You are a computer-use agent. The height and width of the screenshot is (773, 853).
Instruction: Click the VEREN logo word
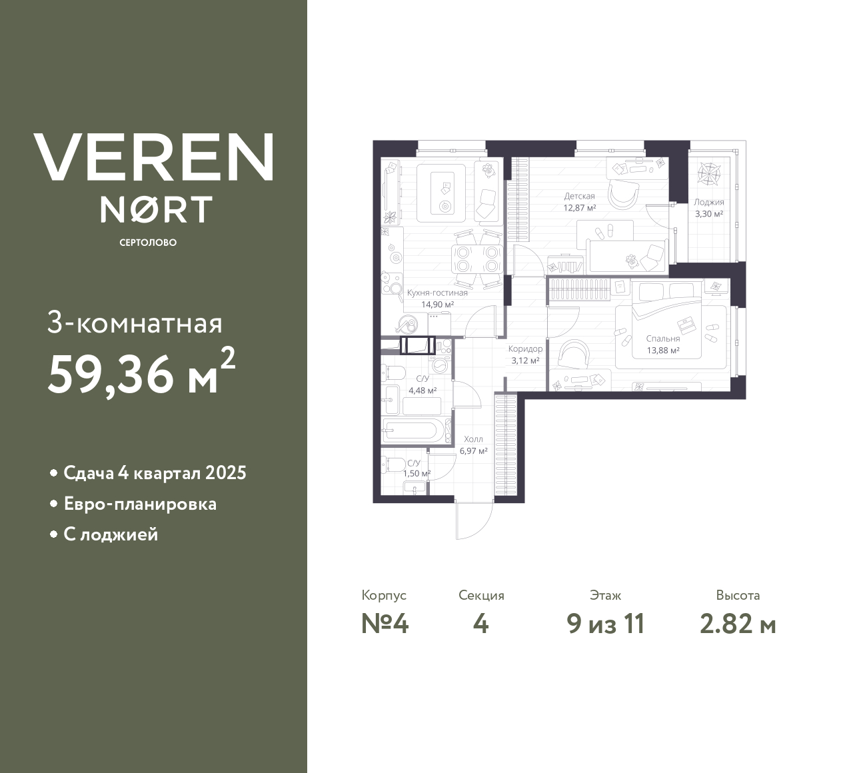153,157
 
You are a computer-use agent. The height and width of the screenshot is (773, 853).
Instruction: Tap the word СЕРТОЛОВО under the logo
148,243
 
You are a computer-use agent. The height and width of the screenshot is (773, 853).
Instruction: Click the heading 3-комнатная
135,324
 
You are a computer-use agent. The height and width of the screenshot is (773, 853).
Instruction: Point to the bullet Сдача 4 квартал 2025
155,473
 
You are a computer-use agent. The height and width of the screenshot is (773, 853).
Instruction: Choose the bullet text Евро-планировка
140,504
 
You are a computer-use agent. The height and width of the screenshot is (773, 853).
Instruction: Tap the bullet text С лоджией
111,534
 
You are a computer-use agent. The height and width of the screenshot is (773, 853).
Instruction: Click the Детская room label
579,197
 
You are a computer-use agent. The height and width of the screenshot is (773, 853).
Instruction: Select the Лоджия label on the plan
708,203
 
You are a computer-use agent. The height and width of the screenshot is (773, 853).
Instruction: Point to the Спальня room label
662,339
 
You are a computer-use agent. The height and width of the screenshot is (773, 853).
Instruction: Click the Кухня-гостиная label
437,293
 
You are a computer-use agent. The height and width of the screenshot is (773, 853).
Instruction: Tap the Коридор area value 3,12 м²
525,361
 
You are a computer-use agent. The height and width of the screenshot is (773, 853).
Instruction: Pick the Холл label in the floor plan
473,440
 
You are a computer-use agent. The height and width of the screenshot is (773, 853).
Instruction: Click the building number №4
385,624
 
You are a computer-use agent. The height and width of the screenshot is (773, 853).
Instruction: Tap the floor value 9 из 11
605,624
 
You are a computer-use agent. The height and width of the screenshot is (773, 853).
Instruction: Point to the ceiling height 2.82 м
738,624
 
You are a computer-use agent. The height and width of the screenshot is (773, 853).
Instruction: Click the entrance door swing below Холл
474,518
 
